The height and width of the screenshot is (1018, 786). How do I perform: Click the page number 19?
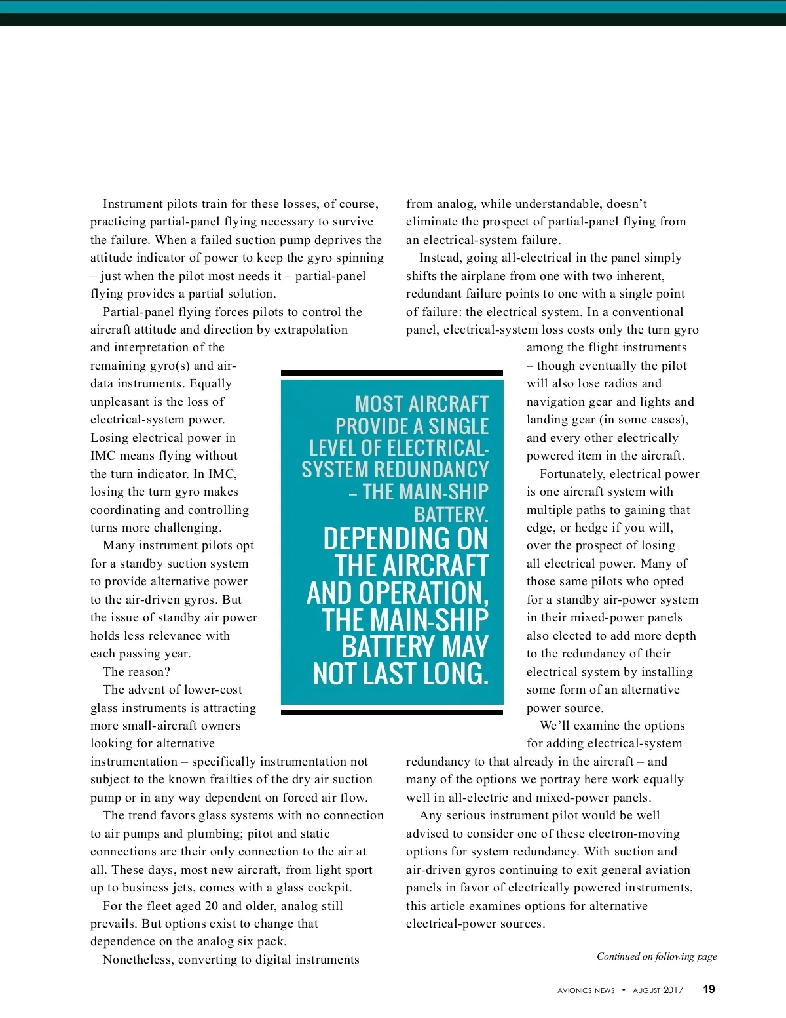pyautogui.click(x=709, y=989)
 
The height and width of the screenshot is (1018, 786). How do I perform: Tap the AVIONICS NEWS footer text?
pyautogui.click(x=586, y=990)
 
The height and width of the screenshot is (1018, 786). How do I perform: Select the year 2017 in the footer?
pyautogui.click(x=673, y=990)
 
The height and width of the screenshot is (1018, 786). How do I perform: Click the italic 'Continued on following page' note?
pyautogui.click(x=656, y=956)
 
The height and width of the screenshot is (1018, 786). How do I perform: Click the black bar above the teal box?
pyautogui.click(x=392, y=373)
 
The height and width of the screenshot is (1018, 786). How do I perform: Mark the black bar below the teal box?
pyautogui.click(x=392, y=712)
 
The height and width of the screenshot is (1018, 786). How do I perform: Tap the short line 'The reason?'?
pyautogui.click(x=136, y=672)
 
